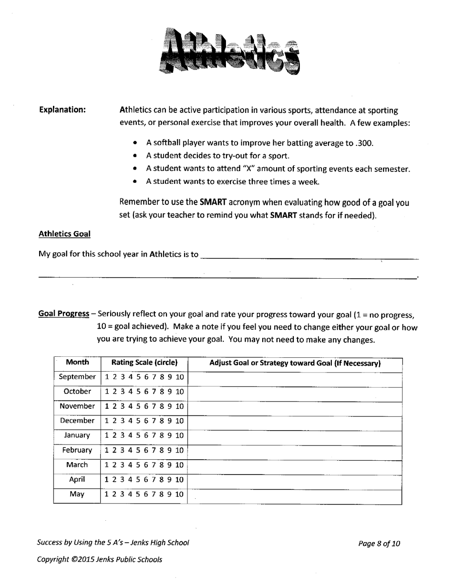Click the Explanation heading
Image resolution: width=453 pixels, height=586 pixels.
click(62, 110)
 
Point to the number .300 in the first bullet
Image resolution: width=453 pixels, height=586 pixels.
click(362, 143)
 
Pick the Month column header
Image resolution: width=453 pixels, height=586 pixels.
click(77, 363)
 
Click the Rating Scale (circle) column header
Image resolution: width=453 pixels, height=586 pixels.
click(144, 363)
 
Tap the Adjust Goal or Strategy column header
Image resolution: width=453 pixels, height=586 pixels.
click(295, 364)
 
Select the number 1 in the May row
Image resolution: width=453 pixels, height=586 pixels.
click(107, 495)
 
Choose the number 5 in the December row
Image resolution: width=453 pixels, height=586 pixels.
click(138, 421)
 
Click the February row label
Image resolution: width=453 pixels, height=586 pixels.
click(77, 450)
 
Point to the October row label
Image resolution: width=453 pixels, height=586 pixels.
click(77, 392)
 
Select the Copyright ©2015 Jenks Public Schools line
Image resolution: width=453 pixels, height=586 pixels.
click(99, 559)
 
